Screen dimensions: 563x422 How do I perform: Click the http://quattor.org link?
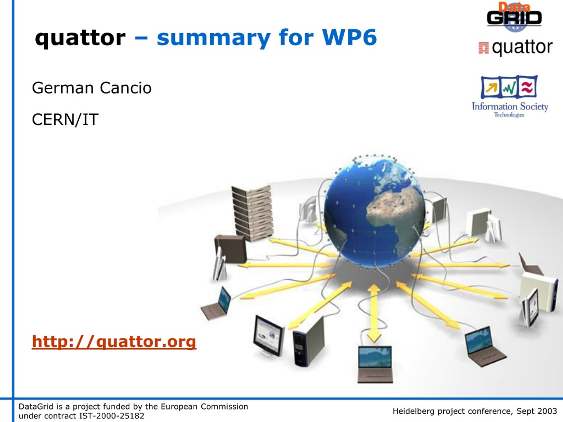pos(114,341)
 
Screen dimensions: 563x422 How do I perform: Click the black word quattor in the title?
pos(80,38)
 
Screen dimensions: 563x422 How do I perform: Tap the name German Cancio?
pos(92,88)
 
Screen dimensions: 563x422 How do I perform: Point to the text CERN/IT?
pos(65,119)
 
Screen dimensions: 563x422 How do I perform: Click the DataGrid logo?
pos(514,17)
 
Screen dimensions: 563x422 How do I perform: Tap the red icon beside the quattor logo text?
pos(484,48)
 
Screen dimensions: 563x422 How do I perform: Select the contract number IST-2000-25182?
pos(112,416)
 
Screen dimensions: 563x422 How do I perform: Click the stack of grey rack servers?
pos(252,213)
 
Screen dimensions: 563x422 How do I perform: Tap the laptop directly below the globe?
pos(375,364)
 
